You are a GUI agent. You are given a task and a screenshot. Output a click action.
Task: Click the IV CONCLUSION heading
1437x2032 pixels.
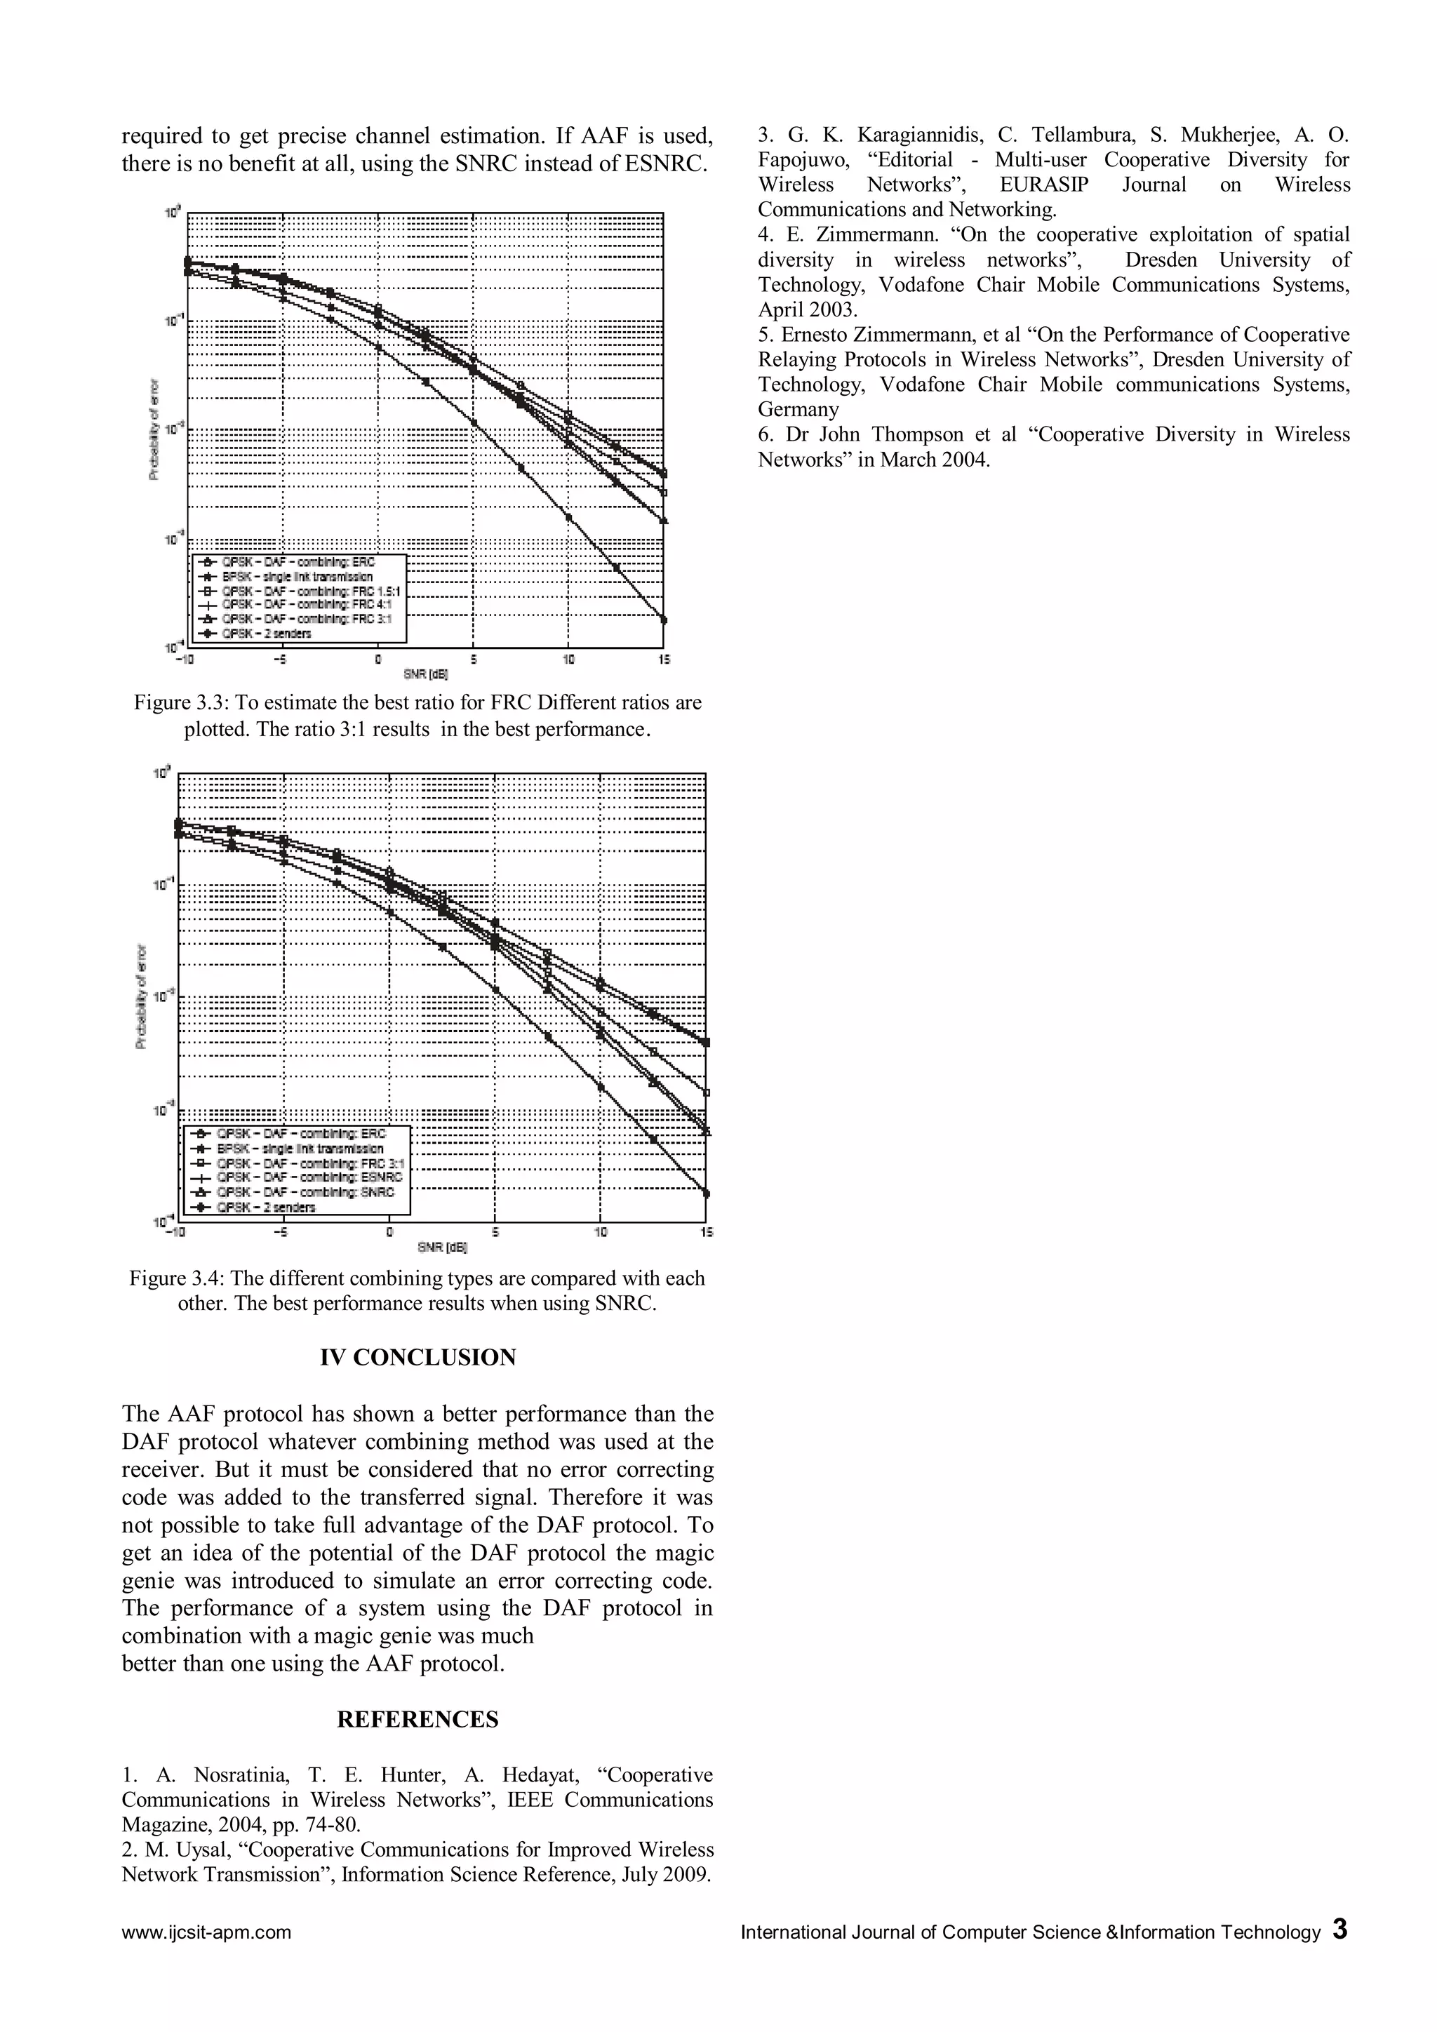click(x=417, y=1358)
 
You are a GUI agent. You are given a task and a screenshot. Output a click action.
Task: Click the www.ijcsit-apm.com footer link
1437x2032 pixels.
click(x=206, y=1932)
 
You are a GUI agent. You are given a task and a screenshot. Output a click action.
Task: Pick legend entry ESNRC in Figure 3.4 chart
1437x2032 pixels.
click(x=309, y=1178)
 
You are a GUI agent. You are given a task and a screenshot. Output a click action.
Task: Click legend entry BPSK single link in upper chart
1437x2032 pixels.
click(x=296, y=576)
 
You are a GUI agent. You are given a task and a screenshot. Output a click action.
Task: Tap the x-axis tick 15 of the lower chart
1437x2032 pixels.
click(x=706, y=1232)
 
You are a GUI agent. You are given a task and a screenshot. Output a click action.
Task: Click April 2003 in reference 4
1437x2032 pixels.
click(x=807, y=309)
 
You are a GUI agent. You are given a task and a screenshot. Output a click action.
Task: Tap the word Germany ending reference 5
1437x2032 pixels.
click(x=798, y=410)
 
